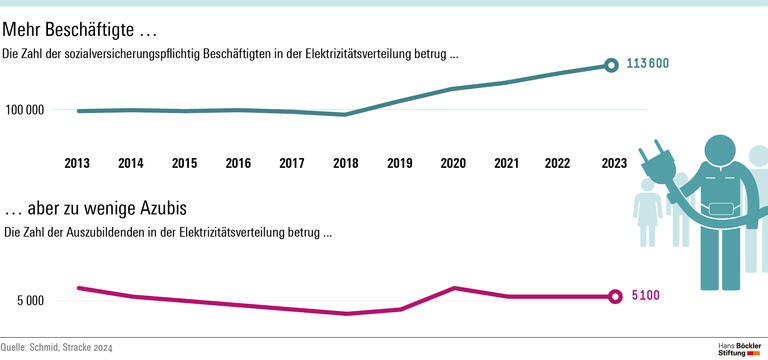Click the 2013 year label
click(x=77, y=163)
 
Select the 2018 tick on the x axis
click(x=345, y=163)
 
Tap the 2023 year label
click(x=613, y=163)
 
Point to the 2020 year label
click(x=452, y=163)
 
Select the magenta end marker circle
click(x=614, y=296)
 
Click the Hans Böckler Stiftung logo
click(x=740, y=348)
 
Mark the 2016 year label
click(x=238, y=163)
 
